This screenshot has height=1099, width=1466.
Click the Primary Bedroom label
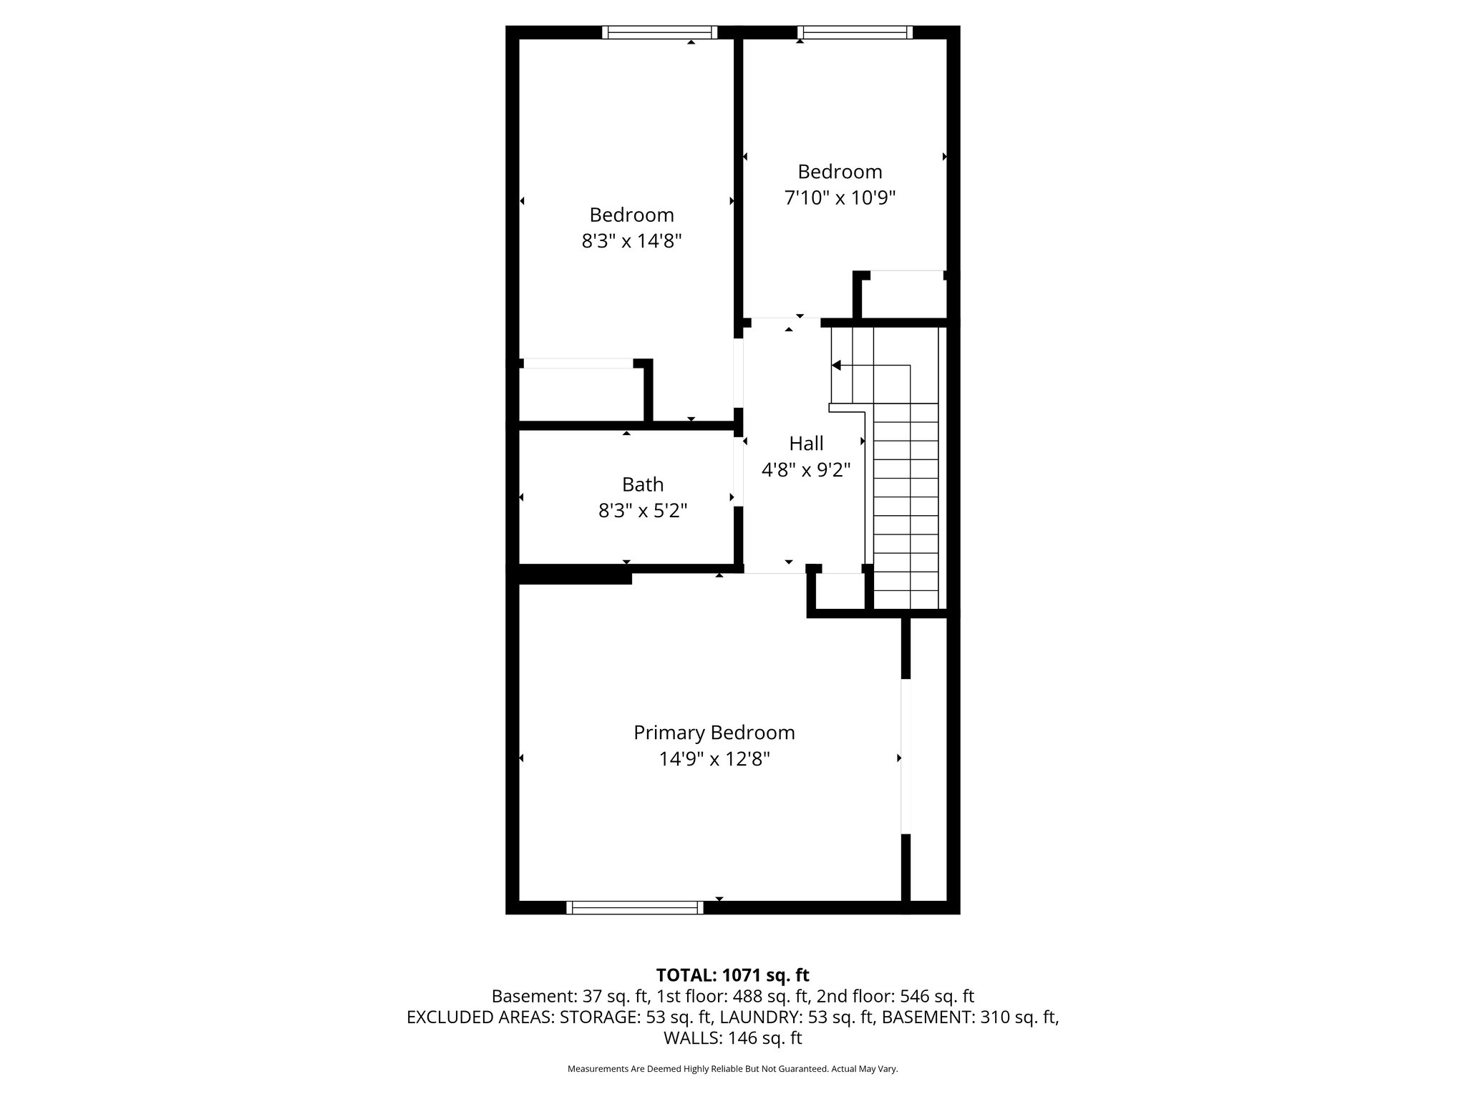714,733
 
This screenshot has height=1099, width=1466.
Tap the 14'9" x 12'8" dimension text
714,759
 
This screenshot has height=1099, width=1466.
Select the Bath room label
642,484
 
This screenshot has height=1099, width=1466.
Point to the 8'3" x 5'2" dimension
642,511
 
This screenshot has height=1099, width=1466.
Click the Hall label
806,444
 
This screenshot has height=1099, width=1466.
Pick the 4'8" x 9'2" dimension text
806,470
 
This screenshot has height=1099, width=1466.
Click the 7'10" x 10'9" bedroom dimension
840,197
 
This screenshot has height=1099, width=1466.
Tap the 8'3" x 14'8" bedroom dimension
631,241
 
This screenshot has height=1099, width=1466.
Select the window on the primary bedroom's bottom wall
634,907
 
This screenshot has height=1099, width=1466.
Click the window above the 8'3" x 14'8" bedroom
659,32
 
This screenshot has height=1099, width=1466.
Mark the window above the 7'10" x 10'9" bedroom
855,32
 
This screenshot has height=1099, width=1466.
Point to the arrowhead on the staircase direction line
836,366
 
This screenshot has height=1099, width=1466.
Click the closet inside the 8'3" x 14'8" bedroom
581,394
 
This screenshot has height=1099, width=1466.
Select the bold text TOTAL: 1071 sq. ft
732,975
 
